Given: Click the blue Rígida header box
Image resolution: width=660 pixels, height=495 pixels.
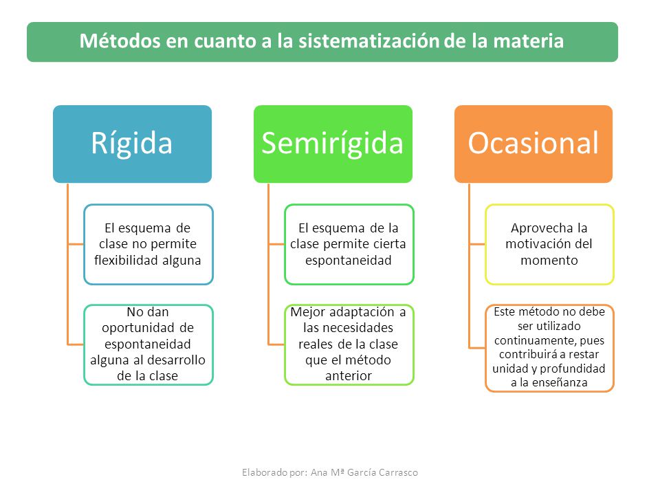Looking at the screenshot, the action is pyautogui.click(x=132, y=144).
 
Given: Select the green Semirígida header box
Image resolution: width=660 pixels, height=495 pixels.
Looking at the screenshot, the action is pyautogui.click(x=333, y=144).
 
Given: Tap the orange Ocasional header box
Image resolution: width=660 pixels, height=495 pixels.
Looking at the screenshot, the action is pyautogui.click(x=533, y=144).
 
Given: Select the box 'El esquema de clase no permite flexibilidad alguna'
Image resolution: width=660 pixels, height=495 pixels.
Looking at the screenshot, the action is pyautogui.click(x=148, y=245).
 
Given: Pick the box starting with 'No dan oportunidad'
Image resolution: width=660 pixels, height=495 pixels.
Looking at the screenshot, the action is pyautogui.click(x=148, y=344).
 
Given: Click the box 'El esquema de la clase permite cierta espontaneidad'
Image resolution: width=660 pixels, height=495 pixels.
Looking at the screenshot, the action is pyautogui.click(x=349, y=245).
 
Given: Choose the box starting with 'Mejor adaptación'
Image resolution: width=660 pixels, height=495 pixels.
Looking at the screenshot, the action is pyautogui.click(x=349, y=344).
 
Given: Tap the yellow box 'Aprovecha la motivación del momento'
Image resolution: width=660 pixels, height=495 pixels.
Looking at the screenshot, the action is pyautogui.click(x=550, y=245).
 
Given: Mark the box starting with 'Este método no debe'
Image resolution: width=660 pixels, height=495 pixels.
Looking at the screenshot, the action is pyautogui.click(x=550, y=348).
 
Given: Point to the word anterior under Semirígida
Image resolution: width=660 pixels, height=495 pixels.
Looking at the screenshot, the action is pyautogui.click(x=349, y=375).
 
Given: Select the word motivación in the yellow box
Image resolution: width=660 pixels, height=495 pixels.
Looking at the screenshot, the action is pyautogui.click(x=532, y=243).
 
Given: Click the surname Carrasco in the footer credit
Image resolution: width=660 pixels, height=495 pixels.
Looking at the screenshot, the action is pyautogui.click(x=398, y=472).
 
